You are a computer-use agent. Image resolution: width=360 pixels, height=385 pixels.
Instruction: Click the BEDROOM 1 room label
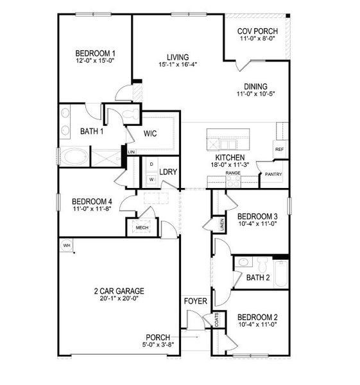95,53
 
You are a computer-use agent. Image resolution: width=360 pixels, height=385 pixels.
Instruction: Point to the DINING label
255,87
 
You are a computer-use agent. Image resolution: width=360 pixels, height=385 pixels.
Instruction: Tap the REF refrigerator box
279,149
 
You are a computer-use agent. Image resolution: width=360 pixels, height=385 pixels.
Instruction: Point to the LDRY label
168,172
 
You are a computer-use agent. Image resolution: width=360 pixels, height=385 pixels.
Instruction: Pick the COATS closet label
216,320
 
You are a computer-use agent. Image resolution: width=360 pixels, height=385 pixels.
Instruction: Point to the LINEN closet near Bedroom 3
221,225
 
